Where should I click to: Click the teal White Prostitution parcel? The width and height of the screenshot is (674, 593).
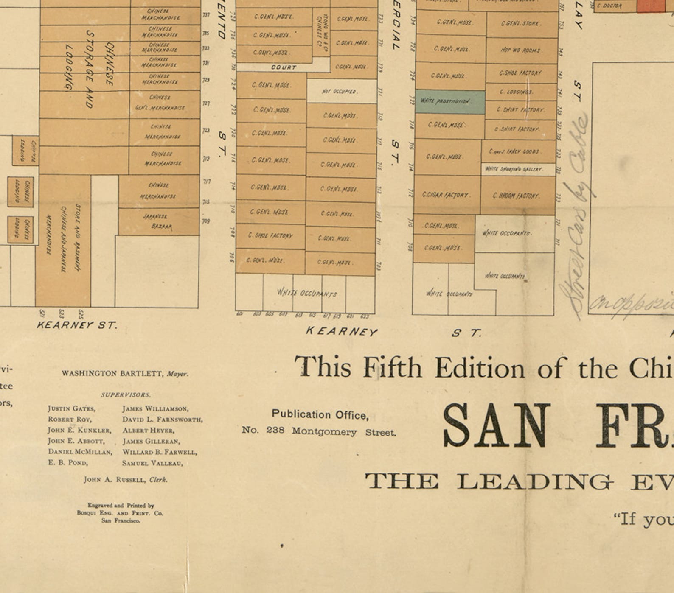click(x=449, y=101)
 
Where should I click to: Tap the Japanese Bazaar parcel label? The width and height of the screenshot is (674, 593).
click(x=157, y=221)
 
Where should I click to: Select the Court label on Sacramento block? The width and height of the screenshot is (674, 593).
click(x=283, y=67)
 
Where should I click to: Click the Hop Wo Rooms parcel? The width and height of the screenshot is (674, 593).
click(x=521, y=50)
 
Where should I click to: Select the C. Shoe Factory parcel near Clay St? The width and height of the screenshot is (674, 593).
click(x=521, y=73)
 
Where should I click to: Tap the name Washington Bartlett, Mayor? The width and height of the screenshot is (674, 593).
click(x=125, y=374)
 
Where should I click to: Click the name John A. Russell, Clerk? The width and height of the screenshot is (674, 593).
click(x=126, y=480)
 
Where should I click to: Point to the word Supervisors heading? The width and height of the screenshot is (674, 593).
click(x=126, y=395)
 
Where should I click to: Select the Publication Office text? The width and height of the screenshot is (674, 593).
click(x=320, y=414)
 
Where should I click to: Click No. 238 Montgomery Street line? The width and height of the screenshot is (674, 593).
click(x=318, y=431)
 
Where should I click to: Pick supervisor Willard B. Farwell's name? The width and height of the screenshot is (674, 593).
click(x=159, y=452)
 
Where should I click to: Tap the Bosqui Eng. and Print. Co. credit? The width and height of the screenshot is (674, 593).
click(x=120, y=513)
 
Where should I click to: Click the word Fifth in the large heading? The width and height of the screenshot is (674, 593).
click(x=392, y=367)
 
